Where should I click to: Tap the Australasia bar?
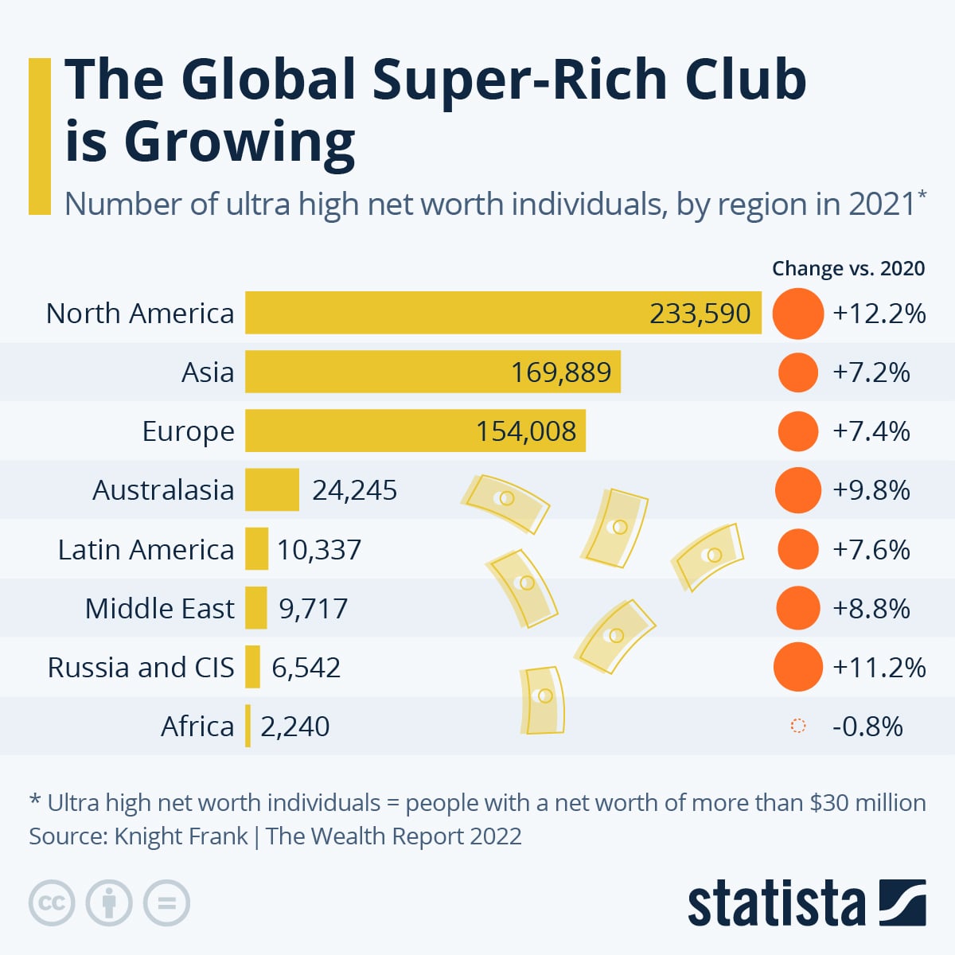(271, 490)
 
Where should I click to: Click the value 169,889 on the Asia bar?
(561, 372)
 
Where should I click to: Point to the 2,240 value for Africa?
(294, 727)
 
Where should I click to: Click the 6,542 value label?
(306, 668)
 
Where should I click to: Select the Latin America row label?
(146, 550)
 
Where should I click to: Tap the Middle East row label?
(159, 609)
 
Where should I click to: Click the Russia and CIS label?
(141, 668)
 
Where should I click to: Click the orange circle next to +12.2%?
(797, 314)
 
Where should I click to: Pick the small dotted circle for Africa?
(797, 726)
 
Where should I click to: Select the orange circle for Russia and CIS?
(797, 667)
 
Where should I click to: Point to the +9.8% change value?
(871, 490)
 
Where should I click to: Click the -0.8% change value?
(867, 727)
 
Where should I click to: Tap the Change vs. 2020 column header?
(848, 269)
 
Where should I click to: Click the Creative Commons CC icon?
(52, 903)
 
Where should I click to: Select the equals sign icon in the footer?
(166, 903)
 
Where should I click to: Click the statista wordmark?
(775, 904)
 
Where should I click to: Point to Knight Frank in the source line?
(181, 836)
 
